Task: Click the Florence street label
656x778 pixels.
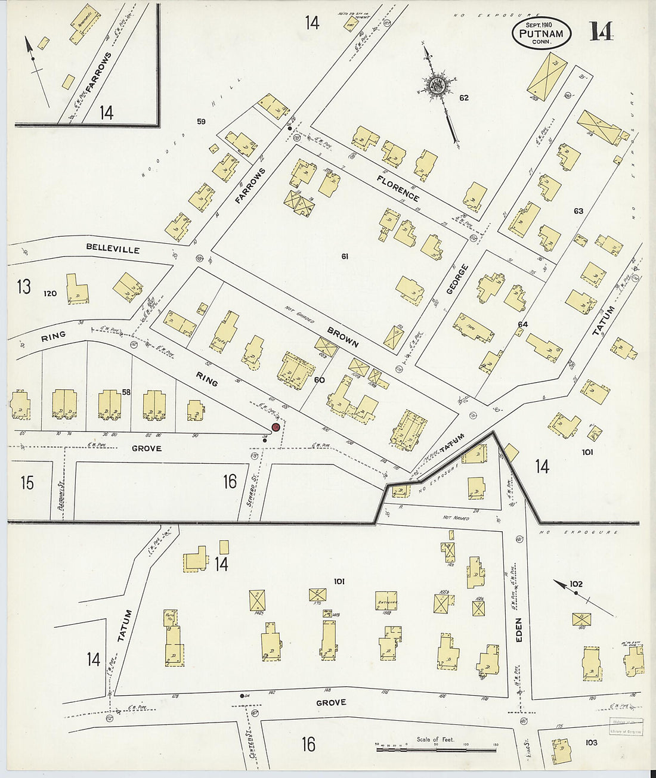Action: tap(398, 188)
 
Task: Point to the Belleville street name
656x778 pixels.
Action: tap(113, 248)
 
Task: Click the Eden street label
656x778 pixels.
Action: tap(518, 629)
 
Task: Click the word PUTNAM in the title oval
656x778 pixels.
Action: tap(541, 34)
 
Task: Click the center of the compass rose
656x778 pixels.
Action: tap(438, 85)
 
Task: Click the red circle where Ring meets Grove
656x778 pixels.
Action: tap(276, 427)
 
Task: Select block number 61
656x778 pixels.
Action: tap(344, 257)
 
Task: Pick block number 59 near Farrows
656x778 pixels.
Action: tap(201, 122)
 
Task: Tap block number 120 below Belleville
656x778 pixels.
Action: tap(50, 293)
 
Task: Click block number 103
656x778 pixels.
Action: tap(591, 742)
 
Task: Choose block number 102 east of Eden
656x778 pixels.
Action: tap(575, 584)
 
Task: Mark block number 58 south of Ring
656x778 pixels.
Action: tap(126, 392)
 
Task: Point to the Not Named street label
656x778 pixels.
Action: tap(457, 518)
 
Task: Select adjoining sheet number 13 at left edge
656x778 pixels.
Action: tap(23, 287)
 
